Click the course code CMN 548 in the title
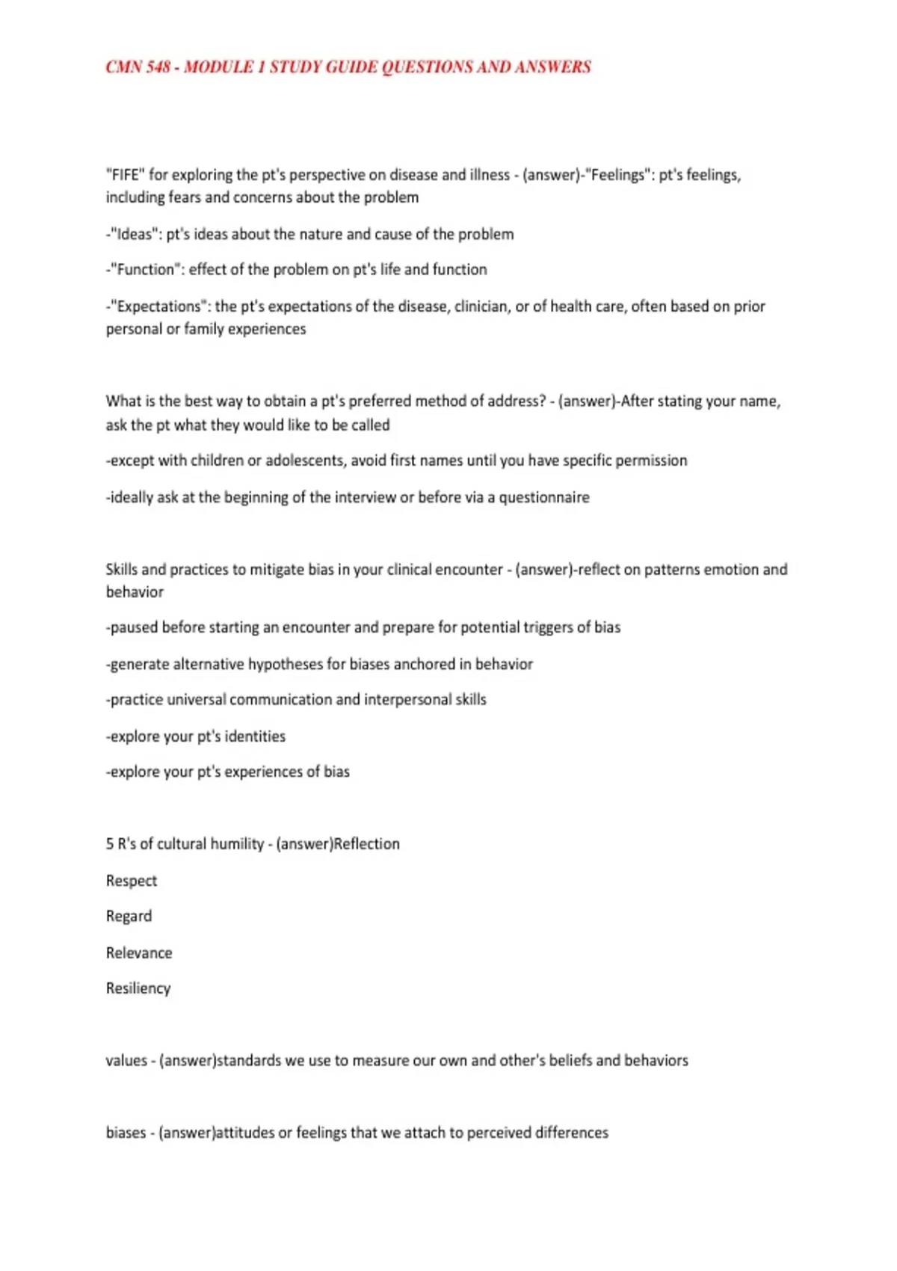click(x=138, y=67)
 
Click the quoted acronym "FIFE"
click(x=125, y=175)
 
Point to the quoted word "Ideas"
click(x=135, y=234)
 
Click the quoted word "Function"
click(x=146, y=269)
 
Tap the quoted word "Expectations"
click(x=159, y=307)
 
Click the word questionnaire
click(x=544, y=497)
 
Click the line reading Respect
click(x=132, y=881)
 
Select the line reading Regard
click(x=129, y=917)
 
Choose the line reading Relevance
click(x=139, y=953)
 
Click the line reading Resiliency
click(x=138, y=988)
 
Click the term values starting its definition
click(x=126, y=1061)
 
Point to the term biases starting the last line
click(x=126, y=1133)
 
